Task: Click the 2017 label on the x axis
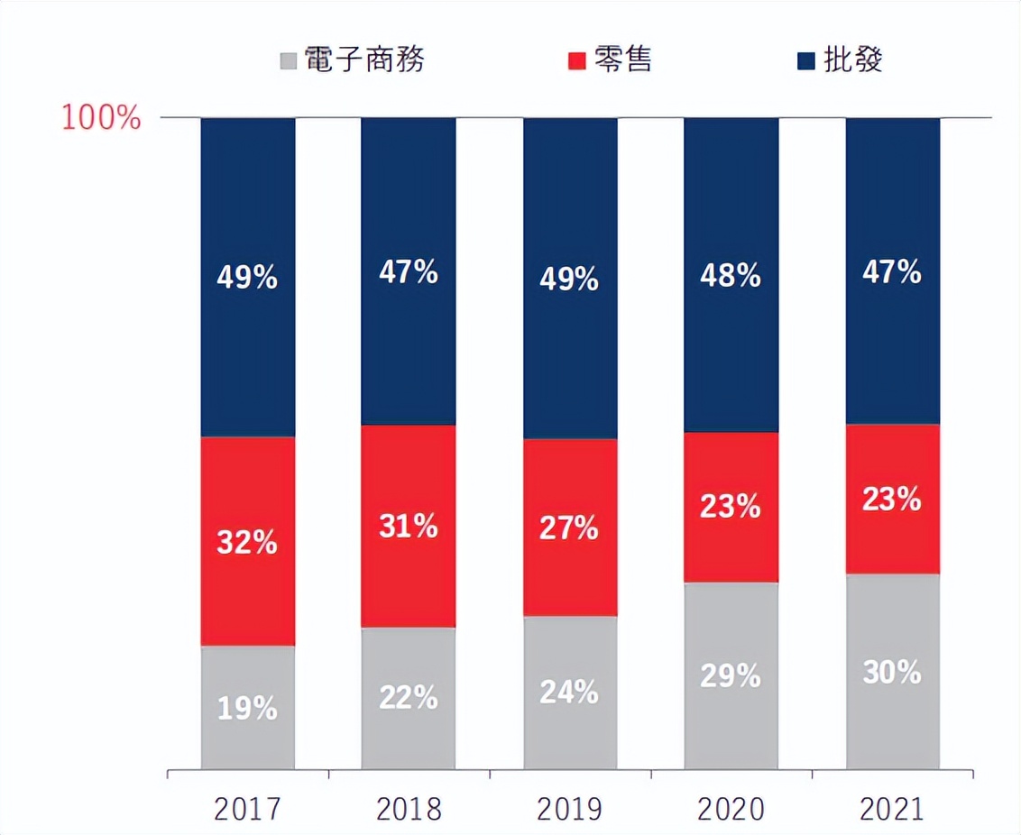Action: pos(247,809)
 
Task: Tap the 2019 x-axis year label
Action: pos(570,809)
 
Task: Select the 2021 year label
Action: pos(892,809)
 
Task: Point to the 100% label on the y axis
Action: pos(102,117)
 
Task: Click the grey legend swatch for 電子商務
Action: pos(289,61)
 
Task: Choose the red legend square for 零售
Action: pos(577,61)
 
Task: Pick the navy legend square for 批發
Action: pos(806,61)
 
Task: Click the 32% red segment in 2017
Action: pos(247,541)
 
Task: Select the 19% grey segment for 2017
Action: pos(247,707)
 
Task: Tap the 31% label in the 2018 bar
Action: pos(409,526)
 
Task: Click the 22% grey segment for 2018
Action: pos(409,697)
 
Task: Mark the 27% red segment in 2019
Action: pos(570,528)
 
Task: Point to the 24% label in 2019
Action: pos(570,692)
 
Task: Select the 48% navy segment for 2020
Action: pos(731,275)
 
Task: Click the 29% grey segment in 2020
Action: pos(731,675)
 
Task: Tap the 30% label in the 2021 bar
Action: pos(892,672)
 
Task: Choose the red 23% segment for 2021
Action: pos(892,499)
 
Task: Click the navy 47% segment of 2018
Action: pos(409,271)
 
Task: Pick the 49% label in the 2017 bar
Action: pos(247,278)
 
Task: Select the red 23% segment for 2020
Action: pos(731,507)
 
